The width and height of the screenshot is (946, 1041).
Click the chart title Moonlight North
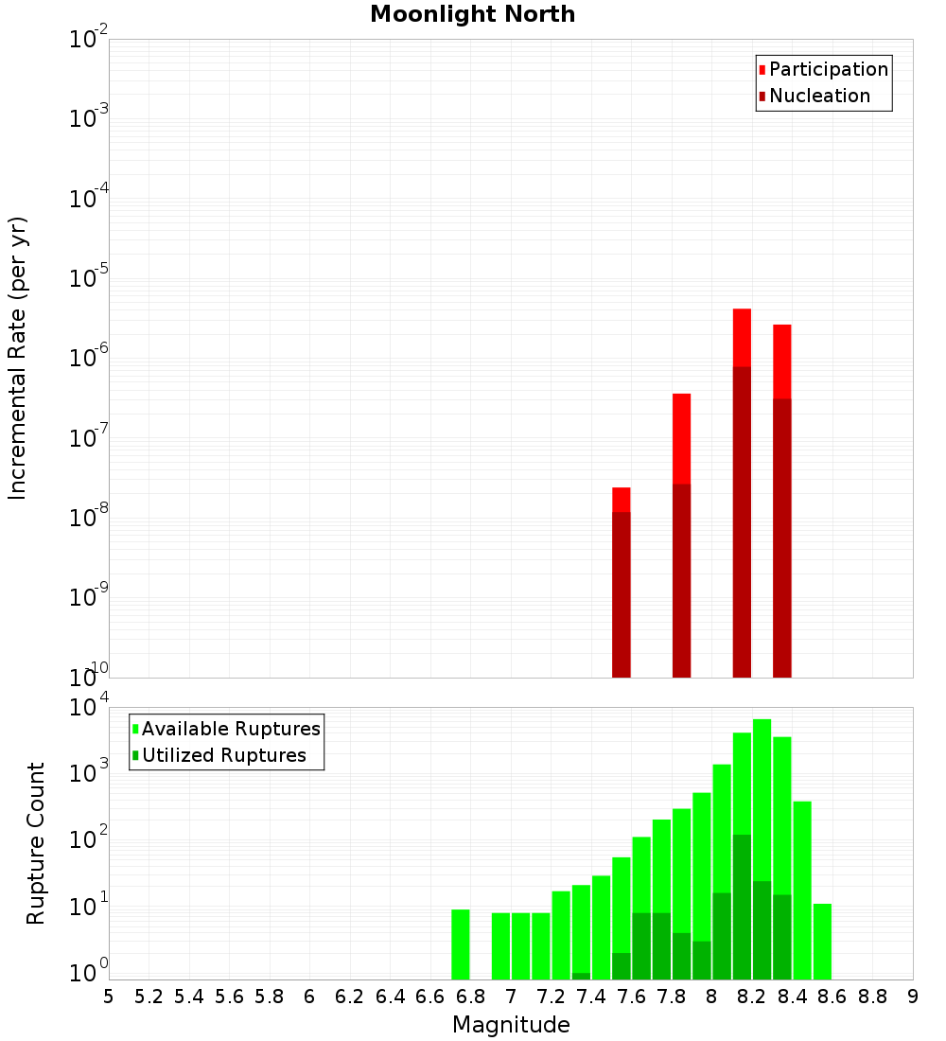point(472,14)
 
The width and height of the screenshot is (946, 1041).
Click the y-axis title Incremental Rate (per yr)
point(18,359)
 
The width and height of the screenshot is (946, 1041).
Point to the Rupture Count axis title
point(36,843)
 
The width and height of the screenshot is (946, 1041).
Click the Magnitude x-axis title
point(511,1025)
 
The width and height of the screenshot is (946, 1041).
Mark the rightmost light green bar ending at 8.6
point(822,941)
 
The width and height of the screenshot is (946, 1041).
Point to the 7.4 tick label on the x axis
point(591,997)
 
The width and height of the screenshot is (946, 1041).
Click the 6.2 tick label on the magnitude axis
point(350,997)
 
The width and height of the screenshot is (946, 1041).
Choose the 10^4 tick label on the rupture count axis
point(89,708)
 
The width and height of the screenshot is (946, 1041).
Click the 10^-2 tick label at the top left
point(89,40)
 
